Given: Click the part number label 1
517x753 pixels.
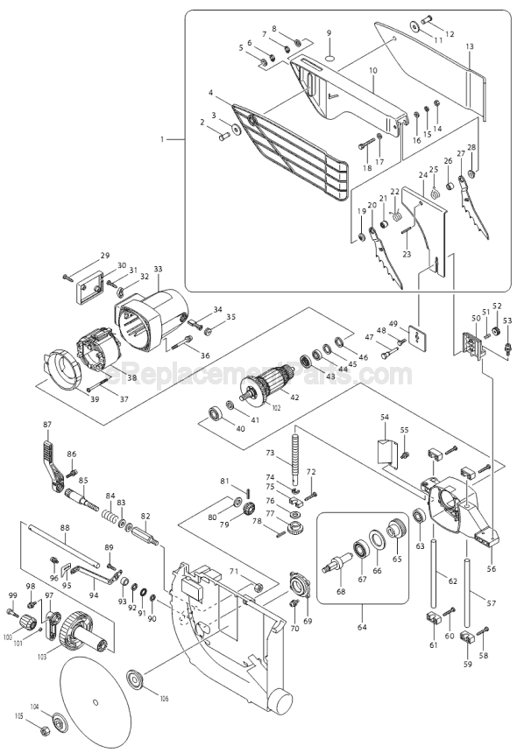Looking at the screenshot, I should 162,139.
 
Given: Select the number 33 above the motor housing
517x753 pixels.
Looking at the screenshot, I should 158,269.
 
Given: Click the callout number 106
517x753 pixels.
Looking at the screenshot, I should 163,697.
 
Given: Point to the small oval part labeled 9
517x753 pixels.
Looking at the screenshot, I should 329,57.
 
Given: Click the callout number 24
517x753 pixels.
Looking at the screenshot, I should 421,175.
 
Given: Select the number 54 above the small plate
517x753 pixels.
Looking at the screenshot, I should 383,420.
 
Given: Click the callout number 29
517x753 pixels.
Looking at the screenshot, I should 105,256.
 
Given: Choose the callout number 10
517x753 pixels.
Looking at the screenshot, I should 373,69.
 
